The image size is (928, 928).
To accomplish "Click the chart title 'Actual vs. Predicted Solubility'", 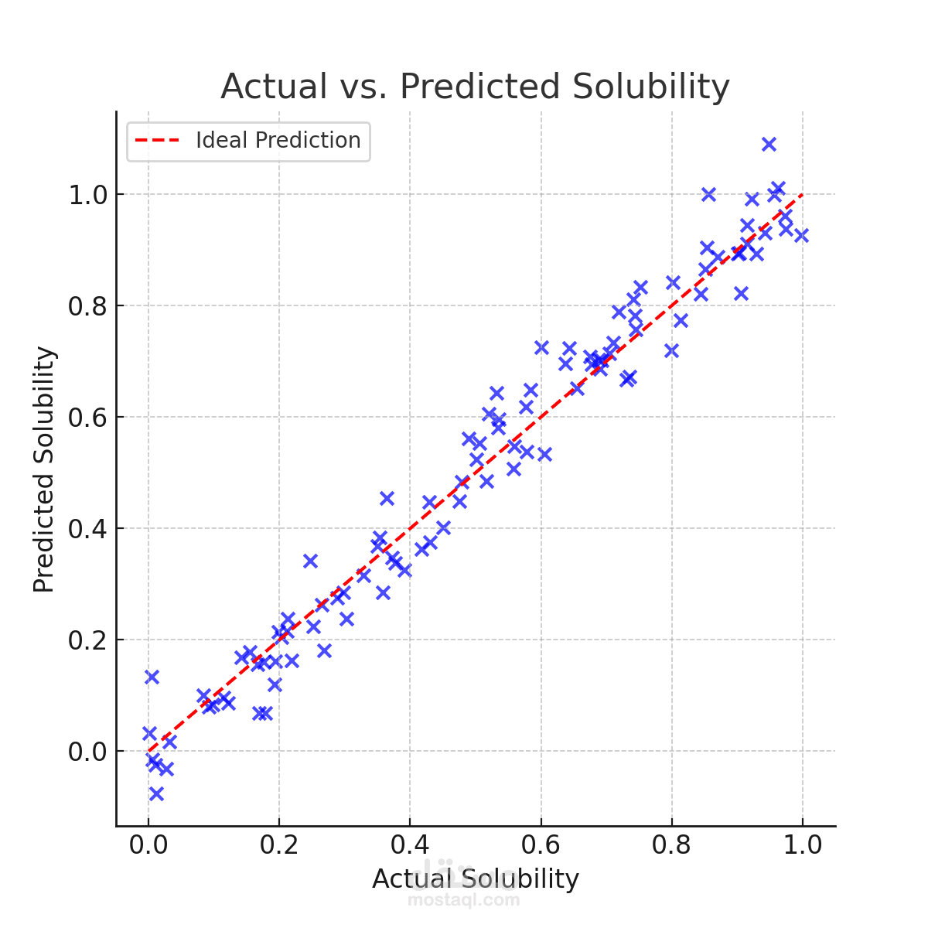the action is (x=475, y=86).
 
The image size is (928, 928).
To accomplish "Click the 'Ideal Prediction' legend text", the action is (x=278, y=140).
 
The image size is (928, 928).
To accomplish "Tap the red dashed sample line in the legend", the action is (x=157, y=140).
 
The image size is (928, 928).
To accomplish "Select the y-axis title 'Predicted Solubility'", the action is (x=43, y=469).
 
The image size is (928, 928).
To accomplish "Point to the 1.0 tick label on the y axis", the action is (x=87, y=195).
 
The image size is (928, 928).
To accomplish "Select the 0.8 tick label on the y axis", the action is (x=87, y=306).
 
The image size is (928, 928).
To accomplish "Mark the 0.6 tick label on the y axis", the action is (x=87, y=418).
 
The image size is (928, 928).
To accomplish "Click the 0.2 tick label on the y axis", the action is (x=87, y=640).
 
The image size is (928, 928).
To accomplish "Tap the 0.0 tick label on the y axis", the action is (x=87, y=752).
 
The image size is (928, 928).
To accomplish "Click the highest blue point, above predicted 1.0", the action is (x=769, y=144).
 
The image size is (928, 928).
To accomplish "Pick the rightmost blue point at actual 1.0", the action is (x=801, y=236).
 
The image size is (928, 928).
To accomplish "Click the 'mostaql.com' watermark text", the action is (x=464, y=899).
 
